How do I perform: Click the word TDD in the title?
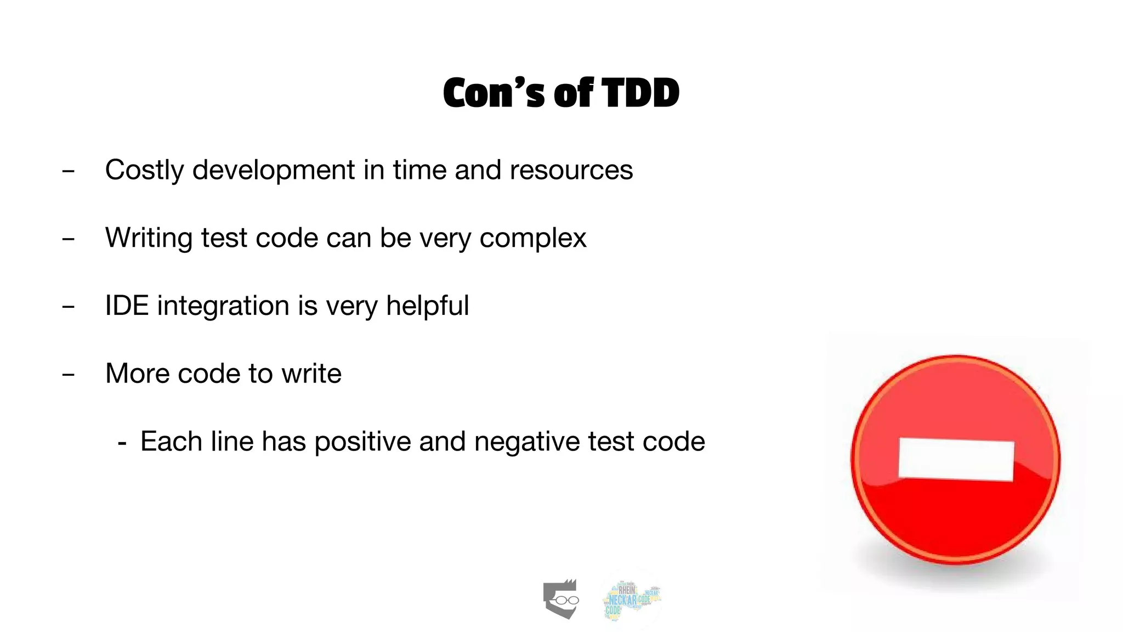pyautogui.click(x=640, y=93)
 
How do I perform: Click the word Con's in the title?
pyautogui.click(x=494, y=93)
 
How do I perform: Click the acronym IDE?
pyautogui.click(x=127, y=306)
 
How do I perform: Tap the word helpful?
pyautogui.click(x=427, y=306)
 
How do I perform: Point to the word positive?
pyautogui.click(x=362, y=442)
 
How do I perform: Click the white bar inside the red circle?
pyautogui.click(x=956, y=460)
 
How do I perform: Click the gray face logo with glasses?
pyautogui.click(x=560, y=599)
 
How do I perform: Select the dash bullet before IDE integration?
pyautogui.click(x=69, y=307)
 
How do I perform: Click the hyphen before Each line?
pyautogui.click(x=122, y=443)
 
